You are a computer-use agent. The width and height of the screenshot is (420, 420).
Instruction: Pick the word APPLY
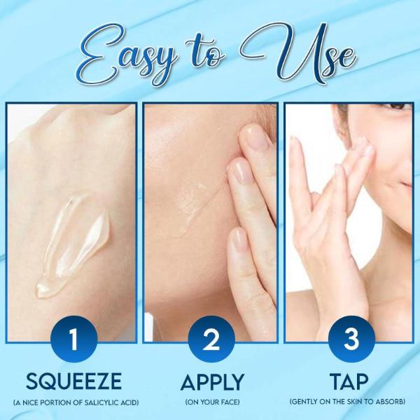point(210,382)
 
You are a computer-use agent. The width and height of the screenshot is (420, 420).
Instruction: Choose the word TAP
point(350,382)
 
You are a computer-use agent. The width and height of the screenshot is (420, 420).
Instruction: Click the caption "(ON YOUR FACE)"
point(210,402)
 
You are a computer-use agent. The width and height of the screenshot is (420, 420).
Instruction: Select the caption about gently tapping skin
point(348,402)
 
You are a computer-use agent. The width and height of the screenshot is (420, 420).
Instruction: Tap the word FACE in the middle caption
point(224,402)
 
